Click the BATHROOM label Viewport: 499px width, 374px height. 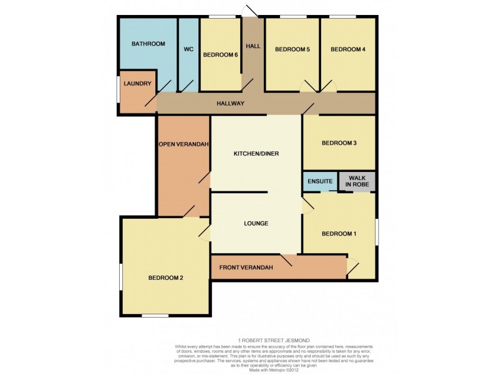(148, 44)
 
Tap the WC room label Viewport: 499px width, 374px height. (188, 49)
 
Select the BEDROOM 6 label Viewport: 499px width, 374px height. (220, 54)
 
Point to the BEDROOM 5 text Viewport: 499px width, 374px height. (293, 49)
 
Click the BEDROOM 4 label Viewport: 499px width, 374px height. (347, 49)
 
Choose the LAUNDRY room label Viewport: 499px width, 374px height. (137, 84)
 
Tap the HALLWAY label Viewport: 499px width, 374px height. (230, 103)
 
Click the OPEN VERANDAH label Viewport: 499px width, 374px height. (183, 144)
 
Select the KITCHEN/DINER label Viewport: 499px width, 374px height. (256, 153)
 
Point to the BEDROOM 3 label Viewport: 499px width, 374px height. (339, 143)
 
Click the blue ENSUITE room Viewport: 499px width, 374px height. (320, 181)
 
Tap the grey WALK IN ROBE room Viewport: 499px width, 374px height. (357, 181)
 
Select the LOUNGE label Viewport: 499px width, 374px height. (256, 223)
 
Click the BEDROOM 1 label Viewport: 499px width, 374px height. (339, 234)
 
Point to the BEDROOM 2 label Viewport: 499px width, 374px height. (165, 278)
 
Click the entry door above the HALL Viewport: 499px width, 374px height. (249, 11)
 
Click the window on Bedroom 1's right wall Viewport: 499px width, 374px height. (376, 232)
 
